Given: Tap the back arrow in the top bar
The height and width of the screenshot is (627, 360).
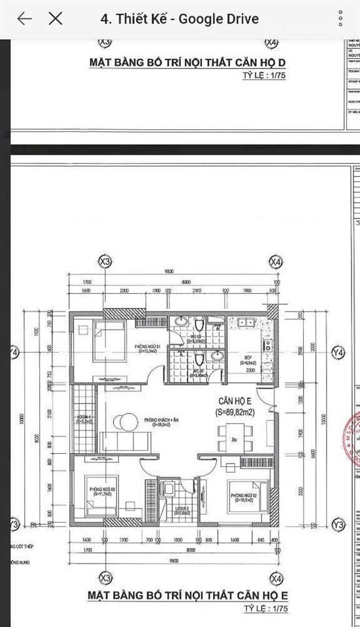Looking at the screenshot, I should pyautogui.click(x=24, y=18).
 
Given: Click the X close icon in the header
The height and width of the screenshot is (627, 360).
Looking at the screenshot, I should pyautogui.click(x=56, y=18).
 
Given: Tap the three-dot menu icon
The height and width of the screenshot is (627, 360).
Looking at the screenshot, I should pyautogui.click(x=341, y=18).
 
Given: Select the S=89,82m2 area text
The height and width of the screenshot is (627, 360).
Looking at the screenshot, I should pyautogui.click(x=236, y=412).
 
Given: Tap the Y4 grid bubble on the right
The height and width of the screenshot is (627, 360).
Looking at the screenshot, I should pyautogui.click(x=338, y=353).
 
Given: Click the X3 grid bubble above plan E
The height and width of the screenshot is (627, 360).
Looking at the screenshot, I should pyautogui.click(x=104, y=262).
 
